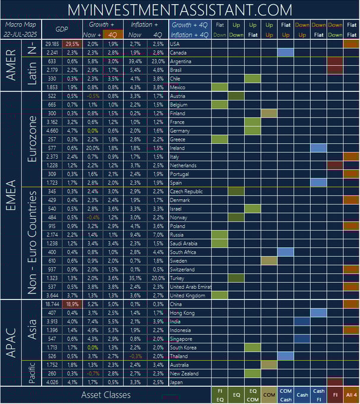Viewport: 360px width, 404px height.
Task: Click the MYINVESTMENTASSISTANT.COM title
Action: (180, 10)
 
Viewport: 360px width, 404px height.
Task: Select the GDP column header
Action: (62, 30)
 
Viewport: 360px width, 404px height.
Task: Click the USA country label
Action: (175, 44)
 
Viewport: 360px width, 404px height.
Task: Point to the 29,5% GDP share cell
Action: (72, 44)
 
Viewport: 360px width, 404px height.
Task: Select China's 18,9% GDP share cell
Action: (72, 304)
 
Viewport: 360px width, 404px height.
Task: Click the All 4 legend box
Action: (350, 394)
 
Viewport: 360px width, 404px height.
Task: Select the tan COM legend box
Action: (269, 394)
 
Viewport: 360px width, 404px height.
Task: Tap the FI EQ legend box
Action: (220, 394)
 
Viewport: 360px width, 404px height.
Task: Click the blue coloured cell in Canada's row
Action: (286, 53)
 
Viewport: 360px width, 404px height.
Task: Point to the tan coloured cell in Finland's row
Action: (269, 113)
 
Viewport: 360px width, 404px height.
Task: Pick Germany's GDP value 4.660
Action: (52, 131)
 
